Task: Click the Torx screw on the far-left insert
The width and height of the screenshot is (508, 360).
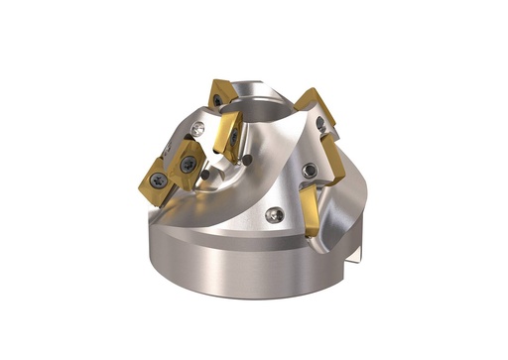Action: (158, 180)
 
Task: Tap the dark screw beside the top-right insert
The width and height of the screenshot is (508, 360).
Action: (320, 123)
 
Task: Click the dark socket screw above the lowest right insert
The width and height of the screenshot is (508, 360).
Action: (312, 171)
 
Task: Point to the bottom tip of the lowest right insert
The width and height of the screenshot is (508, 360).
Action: (312, 235)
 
